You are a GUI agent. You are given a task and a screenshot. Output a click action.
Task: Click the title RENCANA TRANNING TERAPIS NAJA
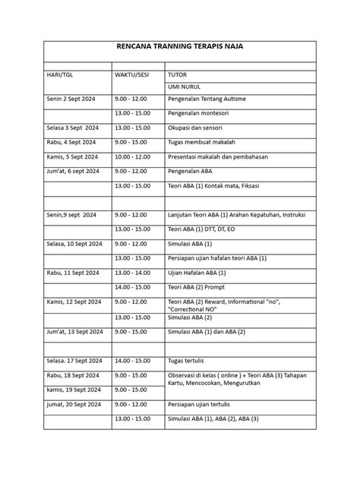[179, 48]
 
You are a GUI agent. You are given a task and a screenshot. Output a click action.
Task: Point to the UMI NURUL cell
[184, 87]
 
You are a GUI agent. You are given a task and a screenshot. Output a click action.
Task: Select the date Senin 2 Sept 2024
[72, 99]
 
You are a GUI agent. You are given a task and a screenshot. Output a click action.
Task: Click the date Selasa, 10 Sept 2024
[76, 243]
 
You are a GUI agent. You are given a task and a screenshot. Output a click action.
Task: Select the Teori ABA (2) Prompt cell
[199, 288]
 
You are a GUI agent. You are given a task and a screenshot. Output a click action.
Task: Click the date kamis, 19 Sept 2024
[73, 390]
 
